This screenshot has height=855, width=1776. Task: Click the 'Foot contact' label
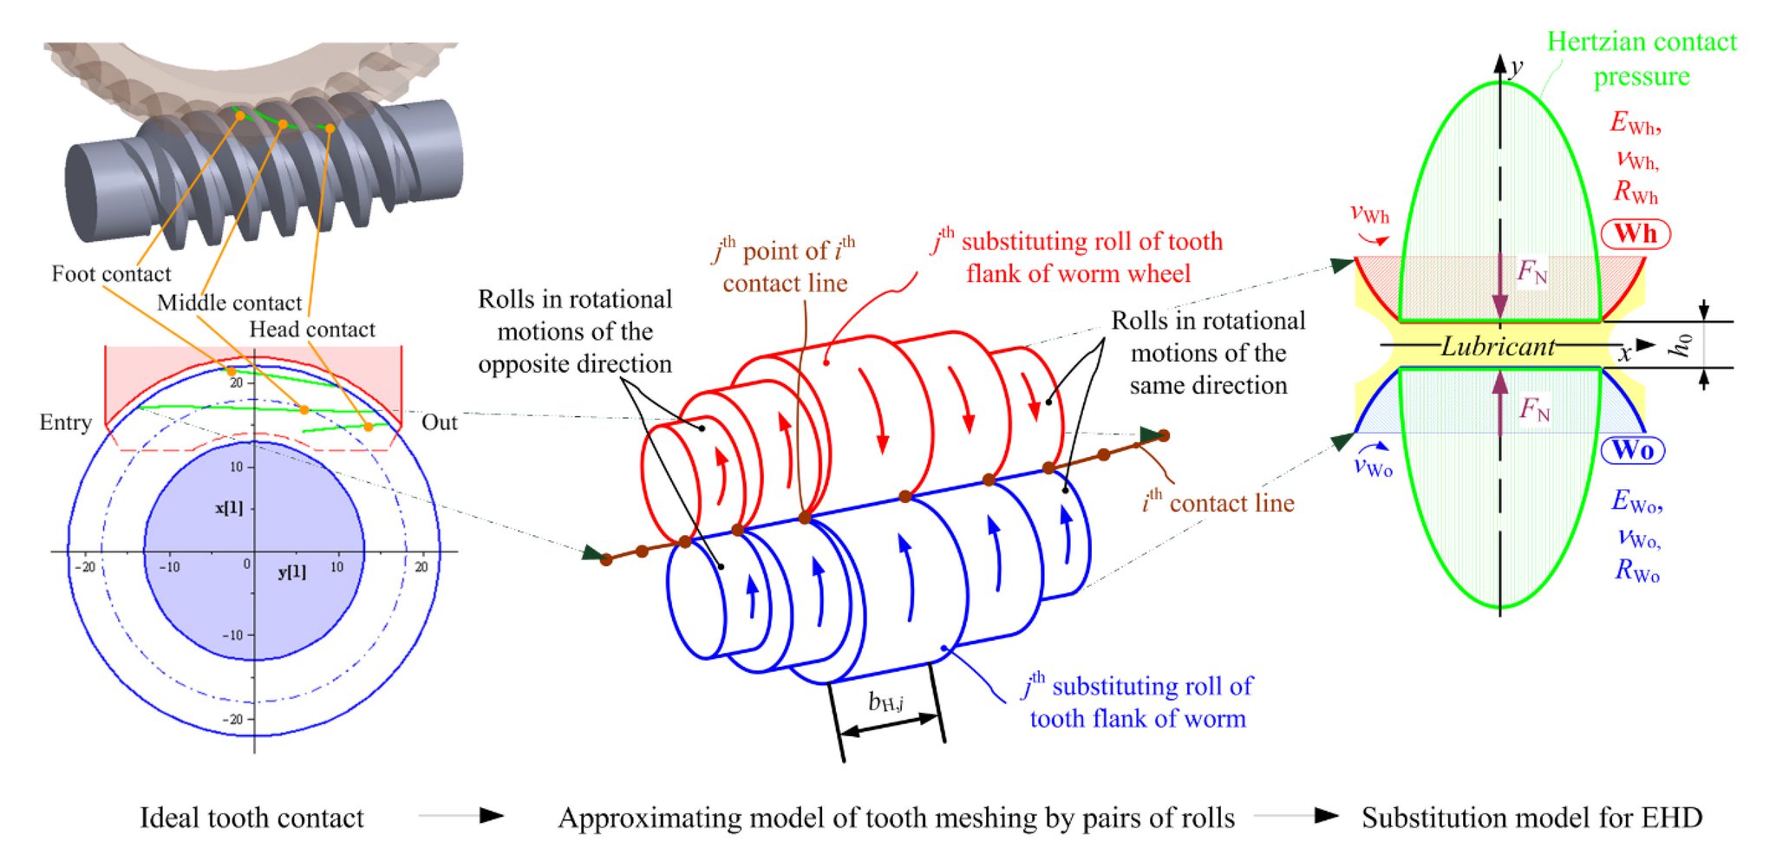111,274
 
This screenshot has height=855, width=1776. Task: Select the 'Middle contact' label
229,303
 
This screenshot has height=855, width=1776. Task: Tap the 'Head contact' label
312,330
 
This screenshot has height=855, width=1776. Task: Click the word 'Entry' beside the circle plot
65,422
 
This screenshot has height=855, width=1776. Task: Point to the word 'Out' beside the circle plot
439,422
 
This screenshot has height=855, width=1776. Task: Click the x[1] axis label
229,507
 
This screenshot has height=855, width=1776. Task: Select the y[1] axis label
291,571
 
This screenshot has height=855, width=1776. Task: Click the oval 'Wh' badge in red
1635,233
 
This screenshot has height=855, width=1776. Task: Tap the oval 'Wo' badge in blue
1632,449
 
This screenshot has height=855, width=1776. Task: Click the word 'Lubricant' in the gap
1498,346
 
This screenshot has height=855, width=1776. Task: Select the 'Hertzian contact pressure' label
1641,59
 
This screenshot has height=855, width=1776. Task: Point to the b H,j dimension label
885,701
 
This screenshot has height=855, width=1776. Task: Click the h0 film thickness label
1681,344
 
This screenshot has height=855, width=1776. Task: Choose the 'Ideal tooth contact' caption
251,817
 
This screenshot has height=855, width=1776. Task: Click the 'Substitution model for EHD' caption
1531,817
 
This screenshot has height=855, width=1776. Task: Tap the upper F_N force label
1531,272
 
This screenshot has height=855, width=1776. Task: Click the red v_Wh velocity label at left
1369,213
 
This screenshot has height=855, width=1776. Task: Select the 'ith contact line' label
1218,502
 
